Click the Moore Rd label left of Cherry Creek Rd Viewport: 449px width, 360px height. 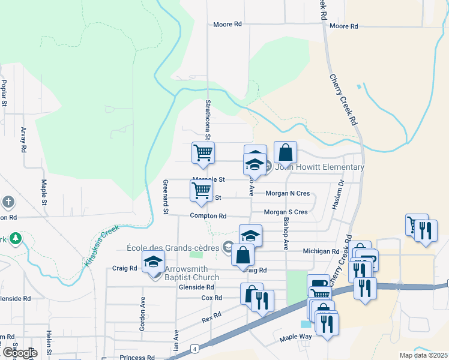pyautogui.click(x=228, y=25)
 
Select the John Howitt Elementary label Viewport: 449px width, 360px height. pyautogui.click(x=319, y=167)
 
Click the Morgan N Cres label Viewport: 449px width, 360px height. pyautogui.click(x=287, y=193)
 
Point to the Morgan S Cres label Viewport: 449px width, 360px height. pyautogui.click(x=286, y=212)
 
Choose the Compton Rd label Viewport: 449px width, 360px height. pyautogui.click(x=208, y=216)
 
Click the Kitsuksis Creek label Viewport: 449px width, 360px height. pyautogui.click(x=102, y=245)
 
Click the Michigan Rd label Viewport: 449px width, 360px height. pyautogui.click(x=321, y=251)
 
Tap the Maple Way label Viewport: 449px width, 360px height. pyautogui.click(x=295, y=338)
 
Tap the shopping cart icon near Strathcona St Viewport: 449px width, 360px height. pyautogui.click(x=203, y=153)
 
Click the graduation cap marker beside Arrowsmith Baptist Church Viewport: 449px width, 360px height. pyautogui.click(x=154, y=262)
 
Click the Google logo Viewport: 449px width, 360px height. pyautogui.click(x=20, y=353)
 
